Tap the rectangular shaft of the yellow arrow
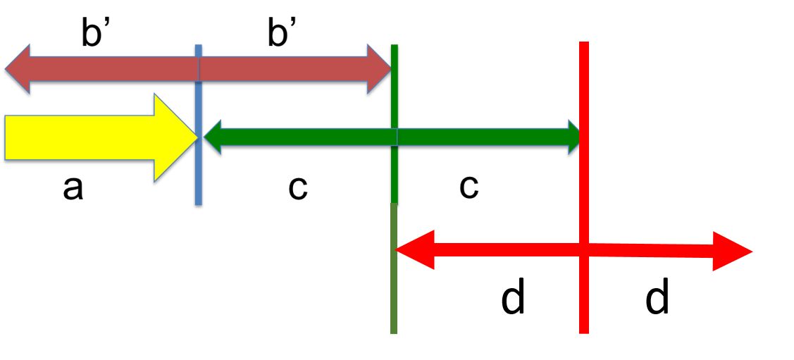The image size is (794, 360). click(x=80, y=137)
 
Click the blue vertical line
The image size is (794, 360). click(x=199, y=125)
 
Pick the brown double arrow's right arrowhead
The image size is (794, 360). click(x=379, y=69)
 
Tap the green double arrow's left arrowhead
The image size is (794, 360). click(x=212, y=137)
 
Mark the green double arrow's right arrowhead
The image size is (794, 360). click(x=574, y=137)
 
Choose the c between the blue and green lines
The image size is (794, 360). click(x=298, y=189)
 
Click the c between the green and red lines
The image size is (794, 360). click(x=469, y=187)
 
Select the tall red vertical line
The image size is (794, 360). click(x=584, y=187)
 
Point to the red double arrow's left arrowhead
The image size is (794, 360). click(x=414, y=249)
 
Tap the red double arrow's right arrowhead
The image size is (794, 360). click(x=732, y=251)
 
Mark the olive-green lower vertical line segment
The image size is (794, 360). click(x=394, y=268)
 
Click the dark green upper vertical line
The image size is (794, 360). click(x=395, y=124)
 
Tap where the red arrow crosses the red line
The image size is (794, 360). click(x=584, y=249)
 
